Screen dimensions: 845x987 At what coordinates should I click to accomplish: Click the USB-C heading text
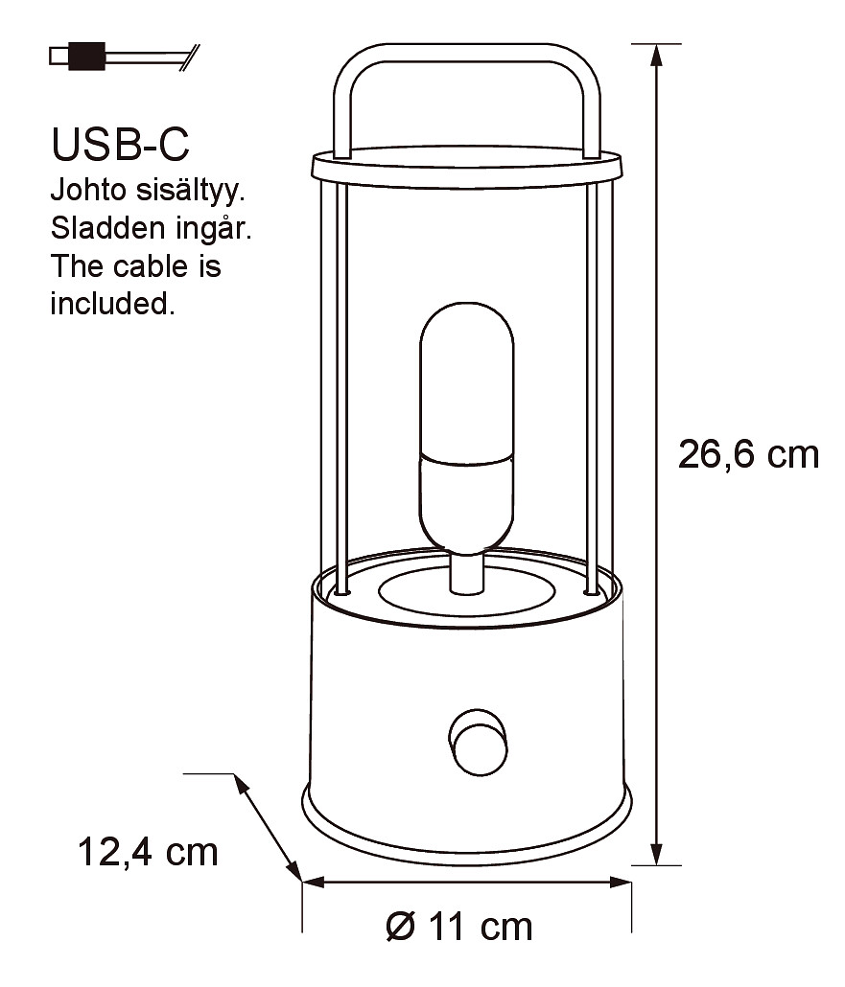(120, 144)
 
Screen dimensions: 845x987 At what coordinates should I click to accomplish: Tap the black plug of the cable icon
(86, 56)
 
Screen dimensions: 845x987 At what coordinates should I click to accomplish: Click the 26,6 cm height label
(748, 454)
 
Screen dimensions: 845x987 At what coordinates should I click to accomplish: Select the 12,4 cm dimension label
(148, 853)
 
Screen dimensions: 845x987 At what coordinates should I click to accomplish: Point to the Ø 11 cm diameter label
(459, 927)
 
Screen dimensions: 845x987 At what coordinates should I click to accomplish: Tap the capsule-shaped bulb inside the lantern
(467, 428)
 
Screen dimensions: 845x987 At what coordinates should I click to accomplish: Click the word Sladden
(108, 228)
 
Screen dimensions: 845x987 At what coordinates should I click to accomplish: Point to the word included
(112, 304)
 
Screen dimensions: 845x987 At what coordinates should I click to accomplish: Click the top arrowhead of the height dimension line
(656, 55)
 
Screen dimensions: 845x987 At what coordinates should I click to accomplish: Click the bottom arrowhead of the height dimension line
(656, 854)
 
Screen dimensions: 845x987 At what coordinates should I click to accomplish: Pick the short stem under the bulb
(467, 573)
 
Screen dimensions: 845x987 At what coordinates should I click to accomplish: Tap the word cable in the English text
(151, 266)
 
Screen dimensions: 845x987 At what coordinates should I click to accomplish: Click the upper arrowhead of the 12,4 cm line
(240, 783)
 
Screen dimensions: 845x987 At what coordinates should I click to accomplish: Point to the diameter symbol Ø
(401, 927)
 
